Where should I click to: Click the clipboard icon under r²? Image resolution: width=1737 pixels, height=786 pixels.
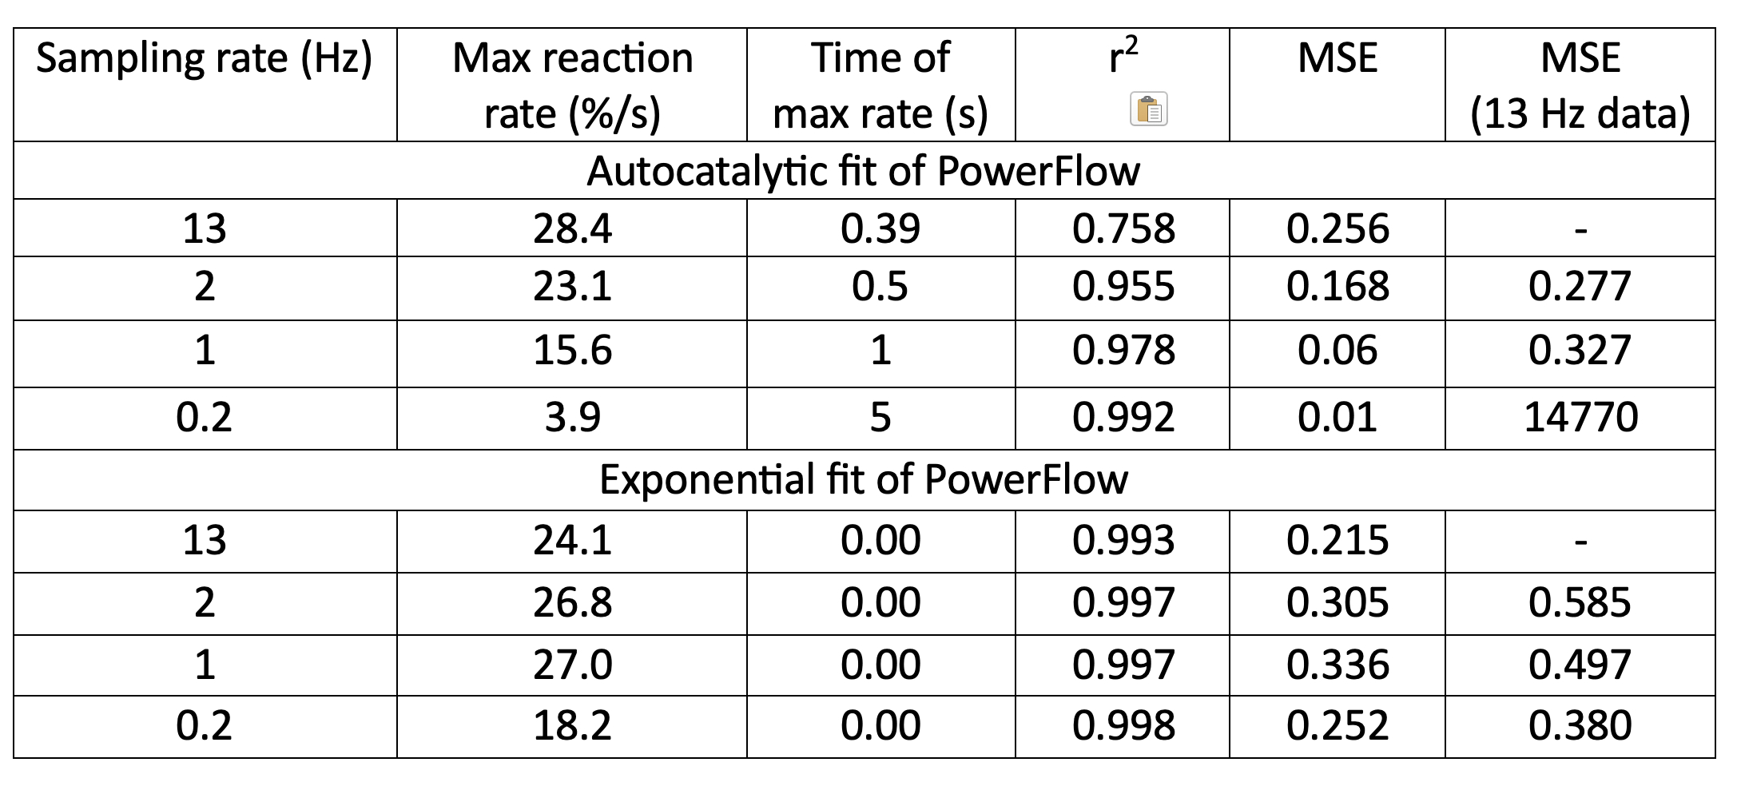click(1149, 109)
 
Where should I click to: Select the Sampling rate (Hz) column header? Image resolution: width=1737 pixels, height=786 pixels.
click(205, 59)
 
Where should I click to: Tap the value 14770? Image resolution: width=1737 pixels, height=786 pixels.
click(1580, 418)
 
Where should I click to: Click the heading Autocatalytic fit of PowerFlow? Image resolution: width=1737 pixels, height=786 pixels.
click(863, 171)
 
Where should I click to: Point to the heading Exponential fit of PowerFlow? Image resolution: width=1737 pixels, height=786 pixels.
click(863, 479)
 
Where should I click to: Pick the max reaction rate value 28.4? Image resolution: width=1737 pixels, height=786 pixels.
click(572, 229)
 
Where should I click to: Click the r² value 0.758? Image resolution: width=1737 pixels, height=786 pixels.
click(1123, 229)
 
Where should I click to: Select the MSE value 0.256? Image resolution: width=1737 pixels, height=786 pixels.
click(1338, 229)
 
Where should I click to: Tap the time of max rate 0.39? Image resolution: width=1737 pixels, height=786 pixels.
click(880, 229)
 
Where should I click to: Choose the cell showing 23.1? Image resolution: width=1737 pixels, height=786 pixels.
click(572, 287)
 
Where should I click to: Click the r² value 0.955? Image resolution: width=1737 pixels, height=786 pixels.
click(1123, 287)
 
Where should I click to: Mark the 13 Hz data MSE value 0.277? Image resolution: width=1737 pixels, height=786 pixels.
click(1580, 287)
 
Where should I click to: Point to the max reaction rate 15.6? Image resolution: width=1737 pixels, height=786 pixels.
click(572, 351)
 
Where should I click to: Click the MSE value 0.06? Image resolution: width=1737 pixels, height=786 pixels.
click(1338, 351)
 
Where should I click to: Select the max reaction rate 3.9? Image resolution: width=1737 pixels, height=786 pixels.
click(572, 418)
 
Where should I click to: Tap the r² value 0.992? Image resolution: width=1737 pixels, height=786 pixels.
click(1123, 418)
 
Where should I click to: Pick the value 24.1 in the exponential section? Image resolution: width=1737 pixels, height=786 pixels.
click(572, 541)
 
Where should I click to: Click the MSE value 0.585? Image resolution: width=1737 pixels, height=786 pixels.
click(1580, 602)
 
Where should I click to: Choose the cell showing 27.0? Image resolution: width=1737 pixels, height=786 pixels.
click(572, 665)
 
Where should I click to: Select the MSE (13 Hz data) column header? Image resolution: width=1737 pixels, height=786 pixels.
click(1580, 85)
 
